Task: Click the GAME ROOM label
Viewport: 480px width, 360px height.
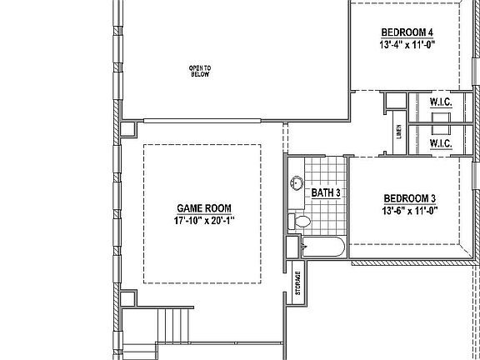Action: pos(203,208)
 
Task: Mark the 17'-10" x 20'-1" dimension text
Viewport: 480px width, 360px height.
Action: pos(203,221)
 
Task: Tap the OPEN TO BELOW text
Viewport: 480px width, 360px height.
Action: pos(199,70)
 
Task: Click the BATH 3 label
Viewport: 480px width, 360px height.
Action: pos(326,193)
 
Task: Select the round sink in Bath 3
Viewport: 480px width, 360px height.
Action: pos(297,183)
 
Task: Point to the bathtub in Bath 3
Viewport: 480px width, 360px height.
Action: pos(322,247)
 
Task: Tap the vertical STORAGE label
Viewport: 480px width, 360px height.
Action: pos(297,282)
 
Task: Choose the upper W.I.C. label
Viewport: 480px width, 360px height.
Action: pos(441,102)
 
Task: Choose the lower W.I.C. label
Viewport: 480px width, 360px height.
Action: pos(441,143)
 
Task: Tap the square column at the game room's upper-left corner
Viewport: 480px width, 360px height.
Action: pos(127,129)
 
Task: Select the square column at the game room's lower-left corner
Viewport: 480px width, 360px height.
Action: pos(127,298)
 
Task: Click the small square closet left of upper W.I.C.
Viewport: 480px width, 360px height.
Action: pos(392,102)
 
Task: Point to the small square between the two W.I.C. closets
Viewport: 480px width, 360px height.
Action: pos(440,122)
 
